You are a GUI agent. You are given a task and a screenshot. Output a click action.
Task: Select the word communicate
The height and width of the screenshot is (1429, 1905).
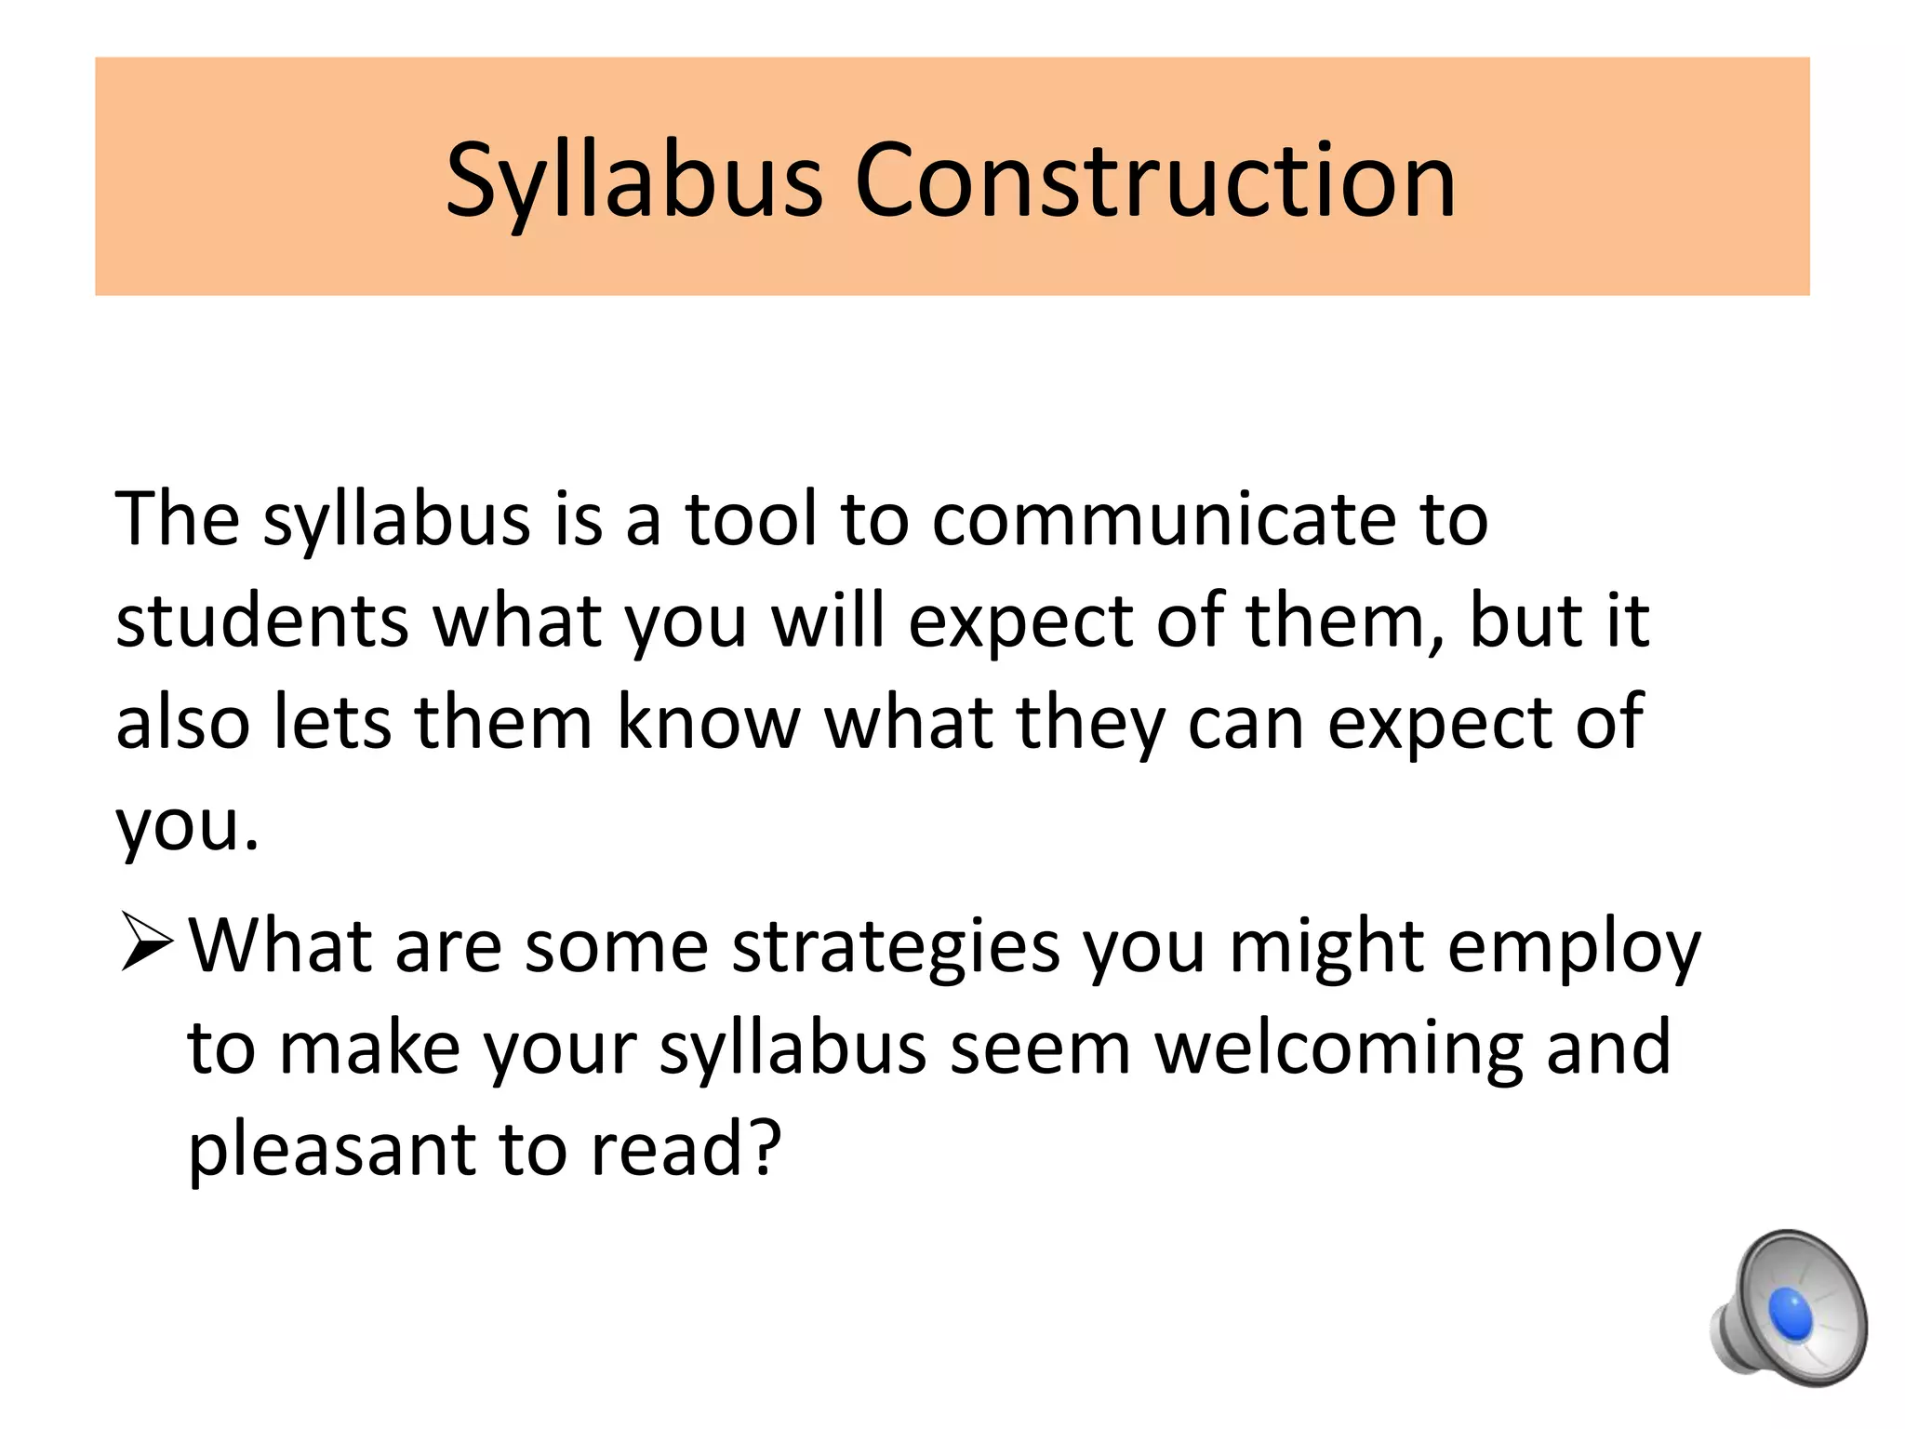[1163, 518]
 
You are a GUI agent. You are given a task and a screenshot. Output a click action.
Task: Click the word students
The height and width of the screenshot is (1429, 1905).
[262, 621]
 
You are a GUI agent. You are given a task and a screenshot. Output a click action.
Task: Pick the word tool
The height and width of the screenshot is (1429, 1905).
[753, 518]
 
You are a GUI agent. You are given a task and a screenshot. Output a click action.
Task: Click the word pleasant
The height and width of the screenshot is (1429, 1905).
[331, 1150]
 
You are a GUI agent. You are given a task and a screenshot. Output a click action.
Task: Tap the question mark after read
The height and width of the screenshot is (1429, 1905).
[762, 1148]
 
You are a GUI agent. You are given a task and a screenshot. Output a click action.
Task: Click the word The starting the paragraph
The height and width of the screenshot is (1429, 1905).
[178, 518]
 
